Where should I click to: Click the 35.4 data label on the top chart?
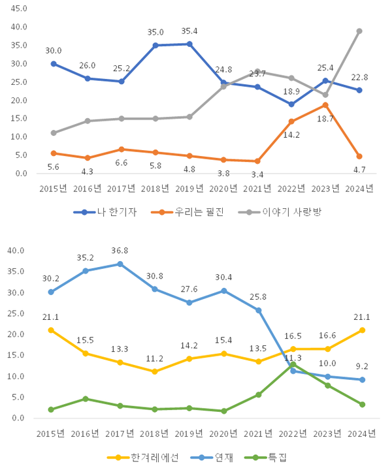pos(189,31)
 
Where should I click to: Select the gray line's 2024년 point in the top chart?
pos(359,31)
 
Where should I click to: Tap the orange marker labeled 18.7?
pos(325,105)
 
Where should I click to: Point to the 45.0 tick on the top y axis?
pos(19,9)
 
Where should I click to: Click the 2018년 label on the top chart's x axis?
pos(155,189)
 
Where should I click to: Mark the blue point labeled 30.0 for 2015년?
pos(53,64)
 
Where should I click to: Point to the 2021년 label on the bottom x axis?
pos(258,433)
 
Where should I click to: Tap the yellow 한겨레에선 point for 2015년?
pos(51,330)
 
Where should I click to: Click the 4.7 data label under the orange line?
pos(359,169)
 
